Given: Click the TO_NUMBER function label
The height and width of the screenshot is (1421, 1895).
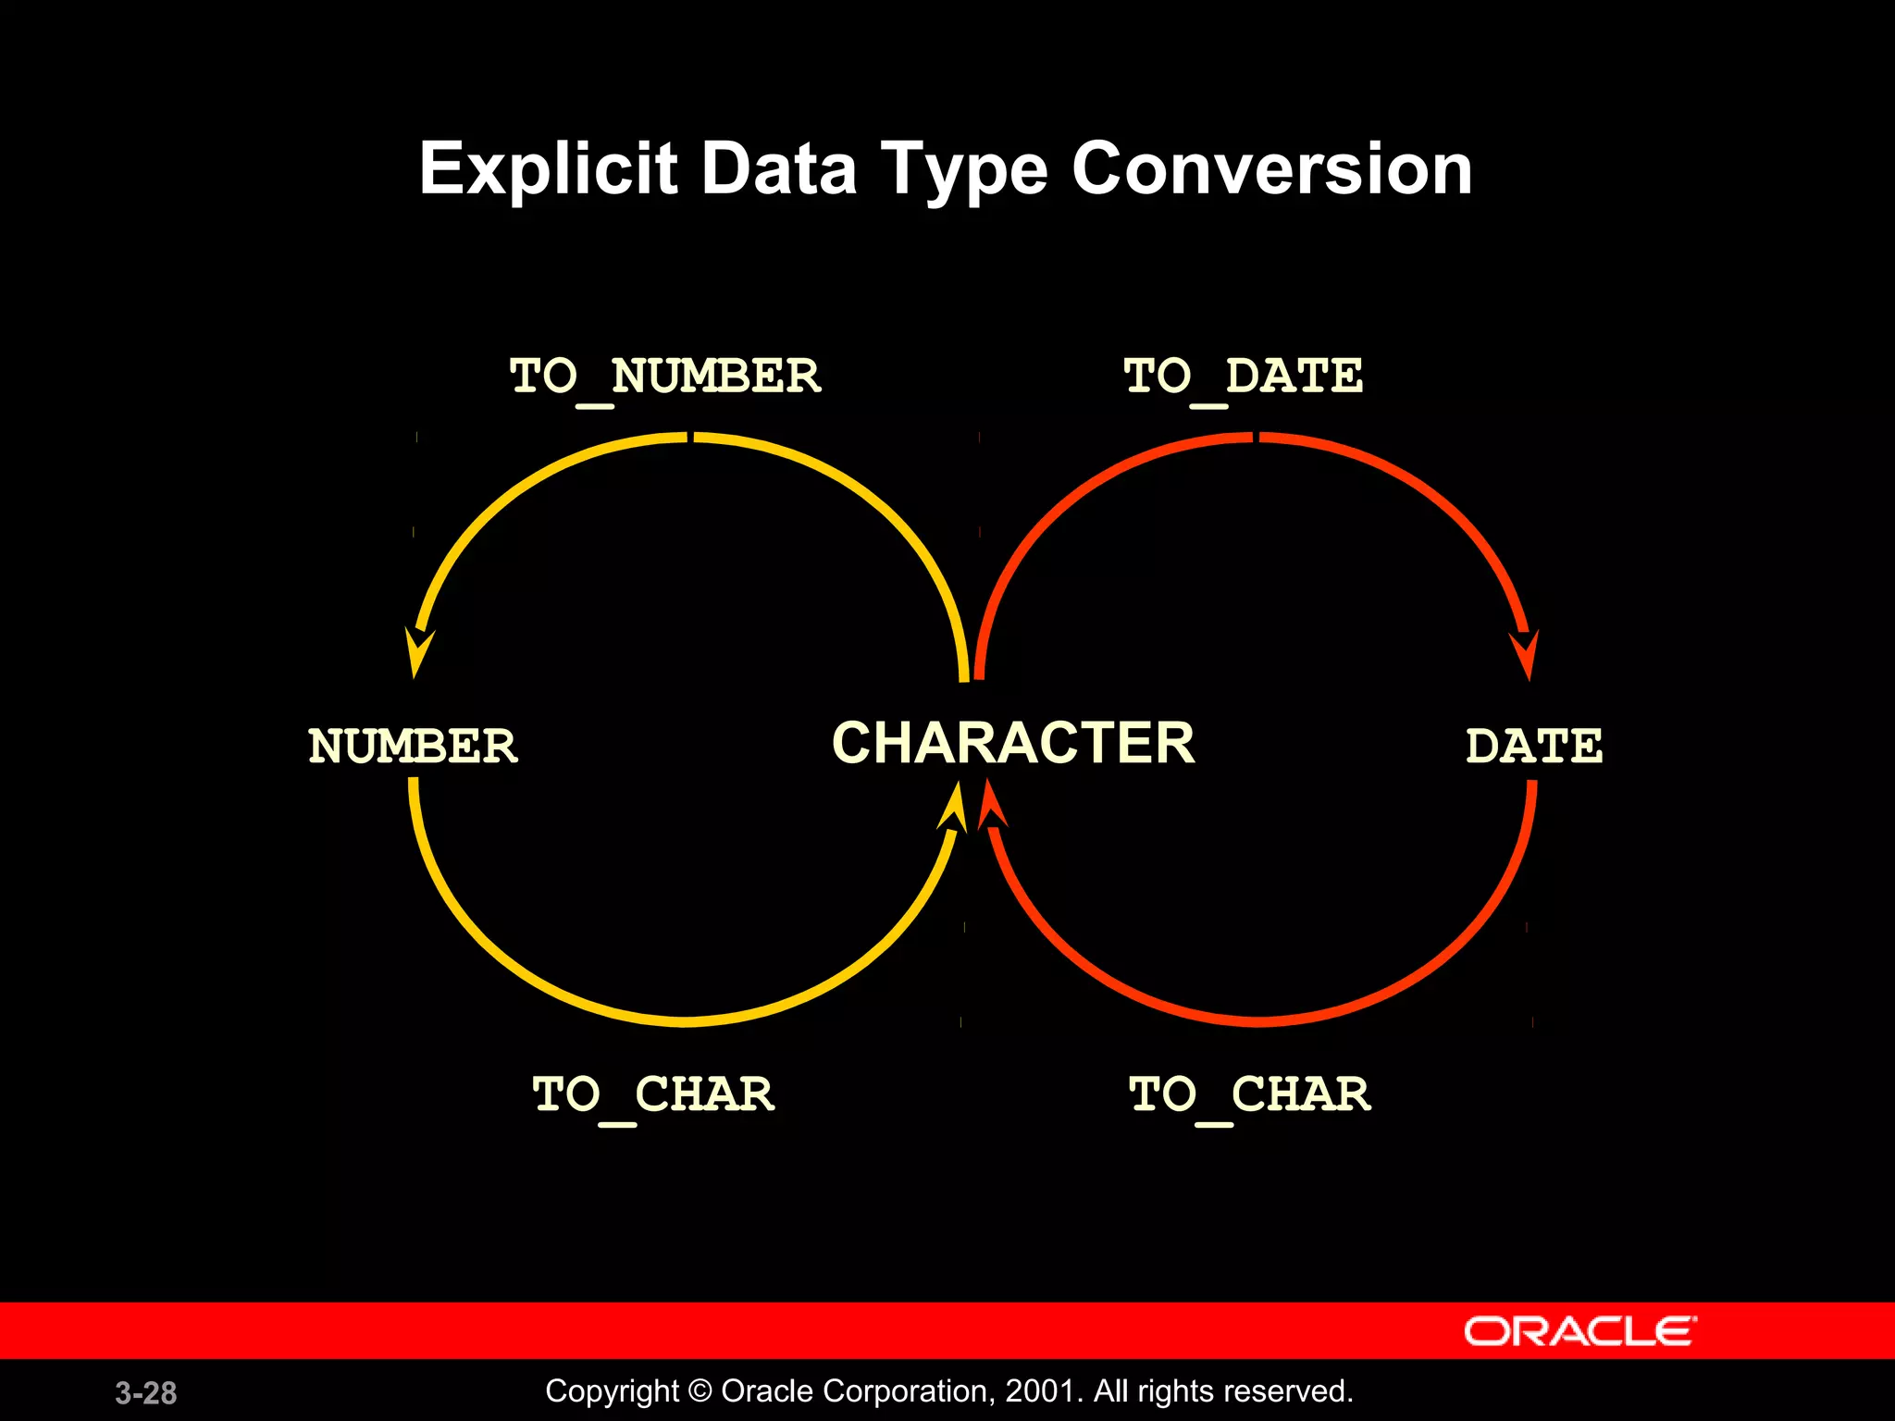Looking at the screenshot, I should [665, 377].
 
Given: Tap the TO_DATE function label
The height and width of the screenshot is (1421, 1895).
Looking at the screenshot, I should [1243, 377].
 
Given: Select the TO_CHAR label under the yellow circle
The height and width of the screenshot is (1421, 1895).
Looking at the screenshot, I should [653, 1094].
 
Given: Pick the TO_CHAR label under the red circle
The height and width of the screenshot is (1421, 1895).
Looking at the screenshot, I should [1249, 1094].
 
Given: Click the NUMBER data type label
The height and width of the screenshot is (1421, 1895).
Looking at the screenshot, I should [413, 746].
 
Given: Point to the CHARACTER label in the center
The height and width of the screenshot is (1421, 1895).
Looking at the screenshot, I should [1013, 743].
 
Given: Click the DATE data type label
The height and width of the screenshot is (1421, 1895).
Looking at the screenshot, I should [1533, 746].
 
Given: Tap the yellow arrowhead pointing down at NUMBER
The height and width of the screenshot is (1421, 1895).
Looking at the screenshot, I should [418, 651].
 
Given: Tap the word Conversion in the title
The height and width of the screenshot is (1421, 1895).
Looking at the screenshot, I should [1271, 169].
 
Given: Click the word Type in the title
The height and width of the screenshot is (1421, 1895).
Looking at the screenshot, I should [963, 171].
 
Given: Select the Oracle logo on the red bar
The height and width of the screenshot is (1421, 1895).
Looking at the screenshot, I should [1579, 1331].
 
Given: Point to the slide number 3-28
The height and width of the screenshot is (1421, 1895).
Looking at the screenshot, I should [146, 1392].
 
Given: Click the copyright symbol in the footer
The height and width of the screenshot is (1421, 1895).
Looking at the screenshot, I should [700, 1391].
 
